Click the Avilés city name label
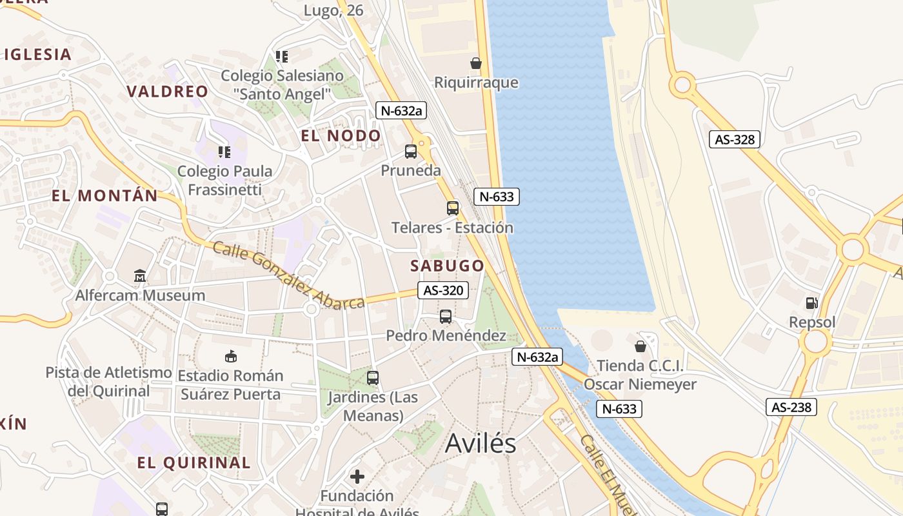(x=481, y=444)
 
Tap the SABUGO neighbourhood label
(x=447, y=266)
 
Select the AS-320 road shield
(x=442, y=290)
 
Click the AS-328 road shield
(x=735, y=139)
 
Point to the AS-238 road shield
(x=791, y=407)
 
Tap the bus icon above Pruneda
(x=411, y=152)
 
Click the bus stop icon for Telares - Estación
(x=453, y=208)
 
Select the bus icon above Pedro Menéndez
(x=446, y=317)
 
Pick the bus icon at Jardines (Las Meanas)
(x=373, y=378)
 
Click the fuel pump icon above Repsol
(x=812, y=303)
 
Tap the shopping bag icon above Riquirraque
(x=476, y=63)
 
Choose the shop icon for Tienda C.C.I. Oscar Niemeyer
(x=640, y=346)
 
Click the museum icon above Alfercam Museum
(x=140, y=276)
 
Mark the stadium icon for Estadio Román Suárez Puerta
(x=230, y=356)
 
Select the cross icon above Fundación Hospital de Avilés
(x=357, y=477)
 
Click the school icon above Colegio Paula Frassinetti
(x=224, y=152)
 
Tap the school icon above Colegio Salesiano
(x=281, y=57)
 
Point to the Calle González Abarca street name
(x=288, y=275)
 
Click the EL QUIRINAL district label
(x=193, y=462)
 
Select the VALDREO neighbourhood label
(x=168, y=92)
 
